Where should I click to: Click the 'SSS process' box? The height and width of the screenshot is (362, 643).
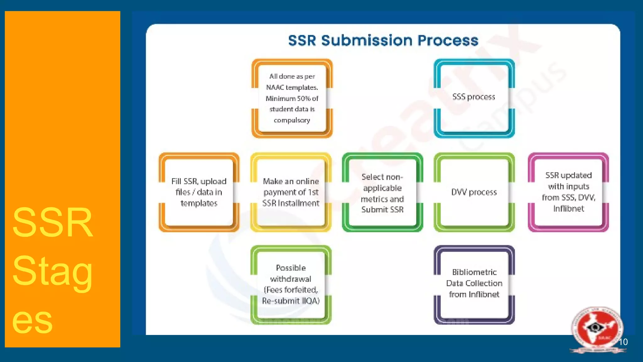click(x=474, y=97)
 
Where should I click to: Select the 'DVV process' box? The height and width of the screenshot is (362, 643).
click(x=474, y=192)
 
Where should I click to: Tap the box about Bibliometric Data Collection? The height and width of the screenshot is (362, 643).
click(x=474, y=283)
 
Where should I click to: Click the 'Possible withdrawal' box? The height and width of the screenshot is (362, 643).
click(x=291, y=284)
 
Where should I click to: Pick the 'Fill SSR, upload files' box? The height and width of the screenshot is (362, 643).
click(x=199, y=192)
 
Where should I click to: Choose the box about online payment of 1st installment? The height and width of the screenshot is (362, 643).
click(x=291, y=192)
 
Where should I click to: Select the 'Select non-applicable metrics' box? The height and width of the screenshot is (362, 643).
click(x=382, y=193)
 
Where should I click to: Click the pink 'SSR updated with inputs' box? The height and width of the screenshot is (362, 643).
click(x=568, y=192)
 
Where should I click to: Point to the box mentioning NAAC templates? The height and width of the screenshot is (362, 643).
click(x=292, y=98)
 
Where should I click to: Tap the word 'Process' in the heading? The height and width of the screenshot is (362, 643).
click(x=448, y=41)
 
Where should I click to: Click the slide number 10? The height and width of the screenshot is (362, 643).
click(x=623, y=342)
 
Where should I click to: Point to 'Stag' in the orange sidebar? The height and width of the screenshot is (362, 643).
click(x=52, y=271)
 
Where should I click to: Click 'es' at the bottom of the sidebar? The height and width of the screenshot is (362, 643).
click(x=32, y=321)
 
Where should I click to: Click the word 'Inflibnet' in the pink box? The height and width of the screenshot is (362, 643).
click(x=568, y=209)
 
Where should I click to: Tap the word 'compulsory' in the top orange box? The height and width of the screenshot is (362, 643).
click(x=292, y=120)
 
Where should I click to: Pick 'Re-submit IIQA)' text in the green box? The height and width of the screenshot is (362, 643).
click(x=291, y=301)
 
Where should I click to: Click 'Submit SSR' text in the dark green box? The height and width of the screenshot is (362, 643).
click(x=382, y=210)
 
